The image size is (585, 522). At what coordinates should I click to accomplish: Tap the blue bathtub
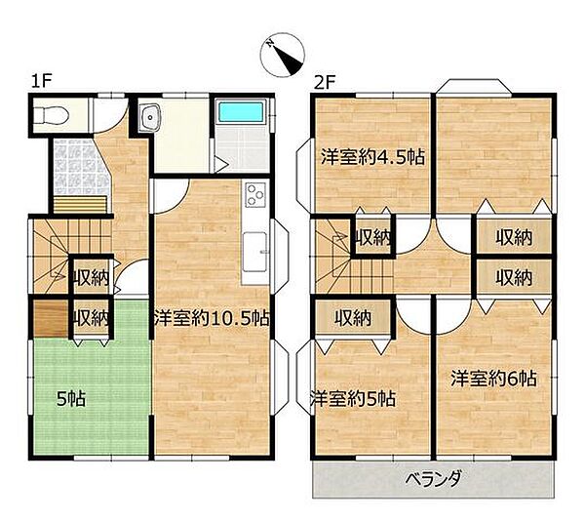pos(241,112)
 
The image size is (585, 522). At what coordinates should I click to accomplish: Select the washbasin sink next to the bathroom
pos(150,117)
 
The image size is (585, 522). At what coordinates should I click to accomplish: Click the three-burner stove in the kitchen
pos(255,195)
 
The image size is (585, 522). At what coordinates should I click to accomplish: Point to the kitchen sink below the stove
pos(254,252)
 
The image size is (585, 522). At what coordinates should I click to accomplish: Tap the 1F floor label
pos(41,81)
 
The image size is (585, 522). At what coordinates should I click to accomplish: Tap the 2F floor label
pos(325,82)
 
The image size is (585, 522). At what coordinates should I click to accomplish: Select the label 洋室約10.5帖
pos(212,318)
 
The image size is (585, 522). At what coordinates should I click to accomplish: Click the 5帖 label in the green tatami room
pos(71,399)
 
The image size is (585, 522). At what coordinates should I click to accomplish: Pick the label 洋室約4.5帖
pos(373,157)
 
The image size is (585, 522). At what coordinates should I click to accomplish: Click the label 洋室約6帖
pos(493,379)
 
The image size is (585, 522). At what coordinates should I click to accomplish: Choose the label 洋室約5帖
pos(353,399)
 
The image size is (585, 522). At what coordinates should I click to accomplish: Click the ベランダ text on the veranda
pos(434,479)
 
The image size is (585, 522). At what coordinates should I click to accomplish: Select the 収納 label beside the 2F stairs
pos(373,237)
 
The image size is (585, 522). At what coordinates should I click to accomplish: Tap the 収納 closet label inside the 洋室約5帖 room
pos(353,318)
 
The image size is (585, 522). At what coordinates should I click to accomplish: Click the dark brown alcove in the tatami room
pos(51,318)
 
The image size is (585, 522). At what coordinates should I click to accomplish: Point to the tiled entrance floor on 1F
pos(80,166)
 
